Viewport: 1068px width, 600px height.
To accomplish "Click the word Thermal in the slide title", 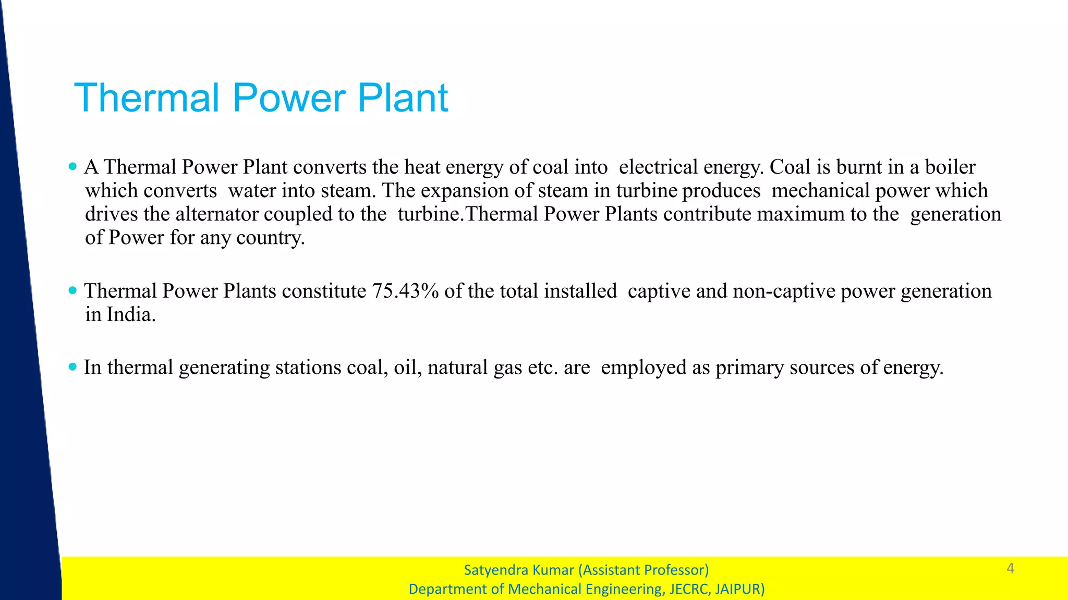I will (x=147, y=98).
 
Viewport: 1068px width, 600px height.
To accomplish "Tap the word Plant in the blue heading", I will (x=403, y=98).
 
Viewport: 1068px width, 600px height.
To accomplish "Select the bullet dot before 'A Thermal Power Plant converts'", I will (x=72, y=167).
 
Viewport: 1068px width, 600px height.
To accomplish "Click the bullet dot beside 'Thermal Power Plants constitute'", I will (x=72, y=290).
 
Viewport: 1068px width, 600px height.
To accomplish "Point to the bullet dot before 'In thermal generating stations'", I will (x=72, y=367).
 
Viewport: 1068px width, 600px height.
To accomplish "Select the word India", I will (x=130, y=314).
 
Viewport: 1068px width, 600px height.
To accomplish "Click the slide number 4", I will (x=1010, y=568).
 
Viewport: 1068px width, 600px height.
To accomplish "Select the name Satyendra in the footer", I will (x=490, y=570).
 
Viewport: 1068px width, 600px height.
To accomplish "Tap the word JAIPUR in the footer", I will (x=739, y=589).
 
